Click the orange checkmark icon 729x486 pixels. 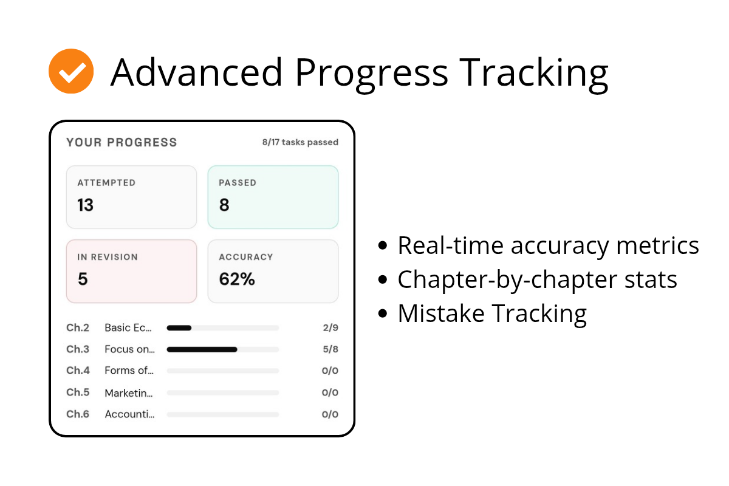pos(71,71)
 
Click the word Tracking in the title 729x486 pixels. pos(533,74)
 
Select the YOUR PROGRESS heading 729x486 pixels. pos(122,142)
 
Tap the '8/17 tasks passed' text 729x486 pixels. pos(300,142)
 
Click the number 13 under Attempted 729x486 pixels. pos(85,205)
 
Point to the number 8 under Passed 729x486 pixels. pos(224,205)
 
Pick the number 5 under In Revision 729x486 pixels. pos(83,279)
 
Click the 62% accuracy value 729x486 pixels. pos(237,279)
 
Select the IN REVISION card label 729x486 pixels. pos(108,257)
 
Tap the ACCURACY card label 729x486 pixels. pos(246,257)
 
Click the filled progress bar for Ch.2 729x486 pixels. pos(179,328)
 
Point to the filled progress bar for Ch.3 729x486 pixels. pos(202,349)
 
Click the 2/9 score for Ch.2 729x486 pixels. pos(330,327)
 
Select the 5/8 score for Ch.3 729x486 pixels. pos(330,349)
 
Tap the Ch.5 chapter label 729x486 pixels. pos(78,392)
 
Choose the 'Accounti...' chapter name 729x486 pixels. pos(129,414)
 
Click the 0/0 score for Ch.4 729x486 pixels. pos(330,371)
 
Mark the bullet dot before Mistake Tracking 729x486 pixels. pos(383,313)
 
